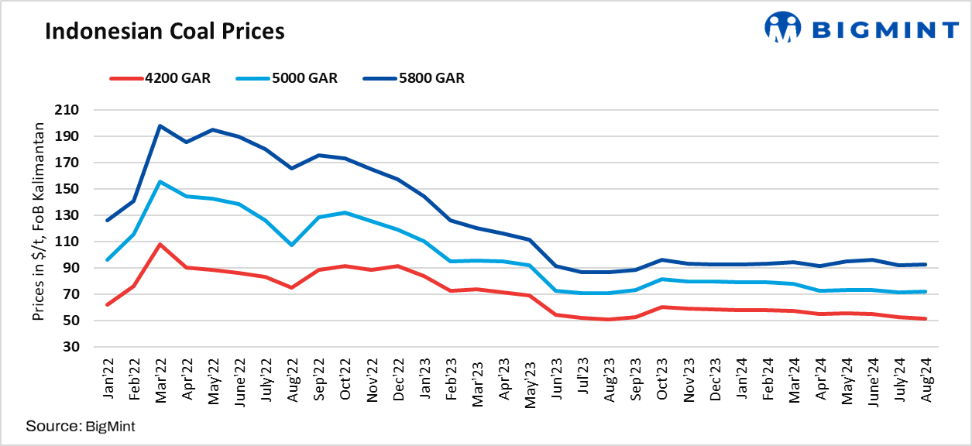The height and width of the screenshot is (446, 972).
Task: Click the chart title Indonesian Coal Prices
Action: point(164,31)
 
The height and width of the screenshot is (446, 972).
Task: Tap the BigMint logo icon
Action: point(782,28)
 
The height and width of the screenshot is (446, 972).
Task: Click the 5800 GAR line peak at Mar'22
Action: point(160,125)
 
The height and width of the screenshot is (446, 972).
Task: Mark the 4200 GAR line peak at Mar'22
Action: point(160,245)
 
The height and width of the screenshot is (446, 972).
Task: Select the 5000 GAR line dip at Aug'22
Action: point(291,245)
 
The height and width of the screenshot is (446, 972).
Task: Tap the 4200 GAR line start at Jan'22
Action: point(107,304)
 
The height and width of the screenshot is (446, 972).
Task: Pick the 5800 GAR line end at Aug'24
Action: point(926,264)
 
